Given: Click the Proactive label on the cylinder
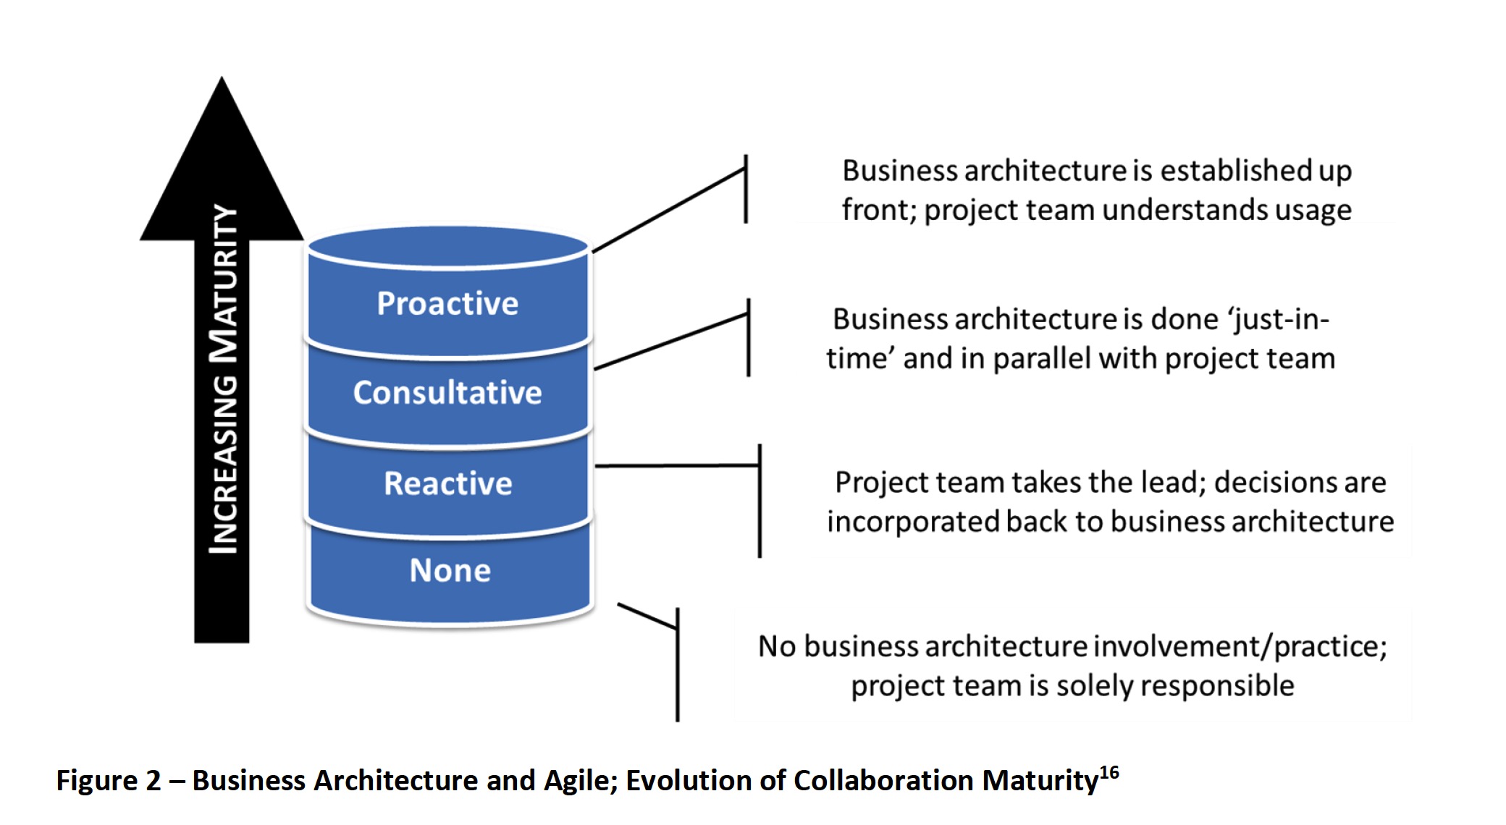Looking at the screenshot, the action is coord(447,303).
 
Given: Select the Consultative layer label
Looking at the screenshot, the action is coord(447,392).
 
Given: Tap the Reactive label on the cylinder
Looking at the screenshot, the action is coord(448,483).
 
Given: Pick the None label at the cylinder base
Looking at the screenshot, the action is coord(450,570).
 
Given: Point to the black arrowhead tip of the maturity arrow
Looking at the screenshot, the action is coord(222,77).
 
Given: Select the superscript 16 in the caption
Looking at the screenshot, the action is coord(1109,773).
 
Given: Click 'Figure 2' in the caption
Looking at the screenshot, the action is coord(109,781).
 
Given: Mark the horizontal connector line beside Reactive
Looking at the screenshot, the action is coord(677,465).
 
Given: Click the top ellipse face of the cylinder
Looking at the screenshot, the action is coord(448,246).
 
